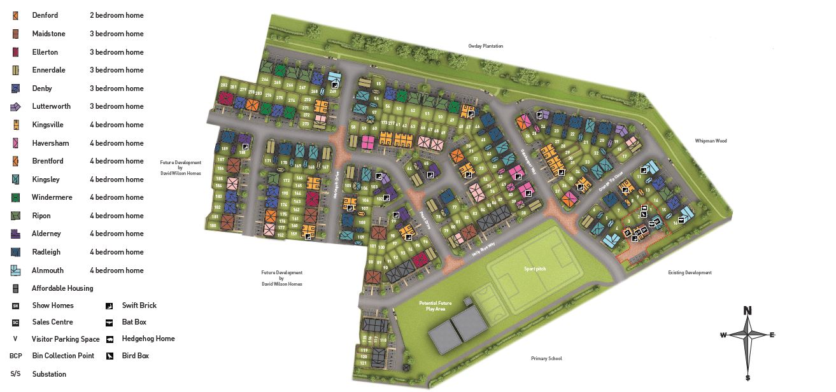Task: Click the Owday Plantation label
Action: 486,46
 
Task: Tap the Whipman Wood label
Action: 711,141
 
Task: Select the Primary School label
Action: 546,359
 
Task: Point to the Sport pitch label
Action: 535,269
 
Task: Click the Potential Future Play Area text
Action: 436,306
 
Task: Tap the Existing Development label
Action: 690,272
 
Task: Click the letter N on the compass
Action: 747,311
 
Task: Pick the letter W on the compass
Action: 723,335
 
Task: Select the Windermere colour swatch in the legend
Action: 15,197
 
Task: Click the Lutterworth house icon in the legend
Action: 15,106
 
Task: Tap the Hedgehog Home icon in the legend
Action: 110,339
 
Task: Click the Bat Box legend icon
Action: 110,322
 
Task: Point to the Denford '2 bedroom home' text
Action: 117,15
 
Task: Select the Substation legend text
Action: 49,374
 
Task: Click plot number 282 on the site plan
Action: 223,85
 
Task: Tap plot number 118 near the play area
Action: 383,340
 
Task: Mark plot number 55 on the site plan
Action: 378,84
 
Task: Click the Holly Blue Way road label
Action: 483,248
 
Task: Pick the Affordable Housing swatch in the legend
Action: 15,288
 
